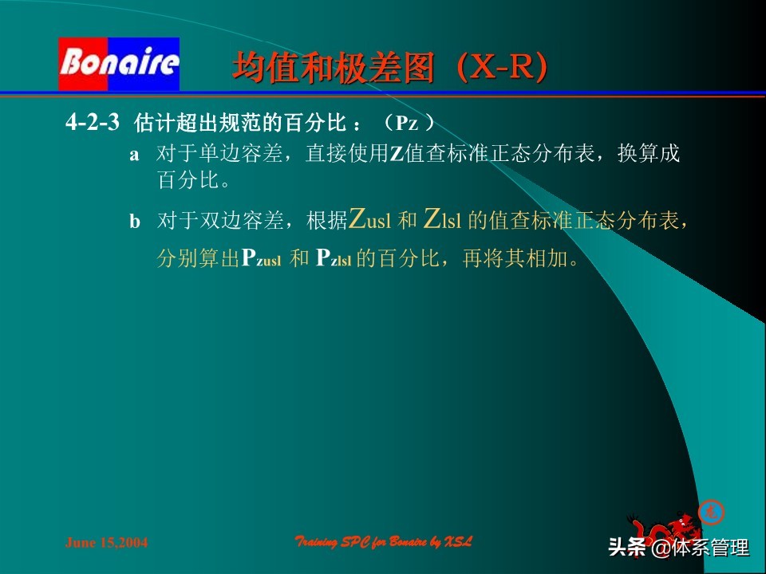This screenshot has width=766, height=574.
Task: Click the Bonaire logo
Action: point(119,64)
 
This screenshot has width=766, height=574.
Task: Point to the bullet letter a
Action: point(134,155)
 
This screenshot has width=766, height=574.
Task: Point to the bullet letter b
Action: point(135,222)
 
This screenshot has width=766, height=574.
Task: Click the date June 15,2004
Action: point(106,543)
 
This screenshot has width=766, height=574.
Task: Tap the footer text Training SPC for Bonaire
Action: point(384,542)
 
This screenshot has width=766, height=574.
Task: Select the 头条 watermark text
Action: point(627,548)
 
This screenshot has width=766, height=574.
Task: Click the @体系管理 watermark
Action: point(700,548)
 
